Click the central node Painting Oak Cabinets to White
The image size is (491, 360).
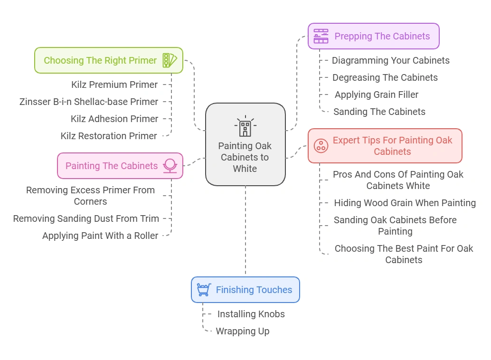[245, 157]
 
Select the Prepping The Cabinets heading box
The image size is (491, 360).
[373, 36]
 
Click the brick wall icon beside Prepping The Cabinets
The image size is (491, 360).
[321, 36]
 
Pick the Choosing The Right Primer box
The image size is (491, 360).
[108, 60]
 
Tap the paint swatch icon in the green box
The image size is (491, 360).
[169, 60]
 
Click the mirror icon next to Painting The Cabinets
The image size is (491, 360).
[170, 166]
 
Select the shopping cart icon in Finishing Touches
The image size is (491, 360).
[204, 290]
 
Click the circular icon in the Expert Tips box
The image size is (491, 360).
[321, 146]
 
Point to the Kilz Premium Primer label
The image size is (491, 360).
[114, 85]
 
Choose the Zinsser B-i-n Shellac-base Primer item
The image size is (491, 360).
[89, 102]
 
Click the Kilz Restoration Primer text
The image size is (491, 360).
[109, 136]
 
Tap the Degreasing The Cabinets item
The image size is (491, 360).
[385, 77]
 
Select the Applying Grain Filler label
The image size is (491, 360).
[377, 95]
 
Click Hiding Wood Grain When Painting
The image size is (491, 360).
[405, 203]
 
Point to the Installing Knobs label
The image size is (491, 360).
[251, 314]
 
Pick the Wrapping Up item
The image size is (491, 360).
[242, 331]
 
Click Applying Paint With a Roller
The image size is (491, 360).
[100, 236]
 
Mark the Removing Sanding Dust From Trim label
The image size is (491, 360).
[86, 218]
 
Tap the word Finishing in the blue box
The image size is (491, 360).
[234, 290]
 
